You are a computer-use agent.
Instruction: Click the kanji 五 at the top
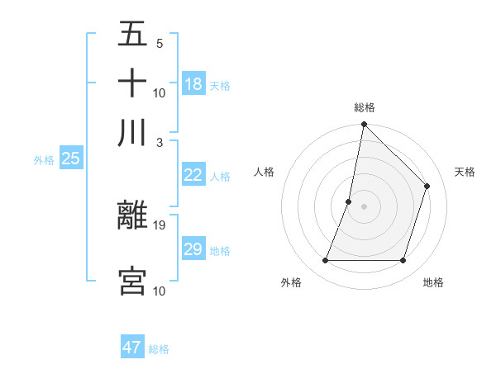132,35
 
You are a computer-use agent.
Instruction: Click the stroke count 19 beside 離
160,224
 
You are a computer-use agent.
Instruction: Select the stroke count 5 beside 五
159,43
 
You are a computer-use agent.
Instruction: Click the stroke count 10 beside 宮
160,290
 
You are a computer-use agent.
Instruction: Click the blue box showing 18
193,84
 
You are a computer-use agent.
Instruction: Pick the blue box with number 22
193,175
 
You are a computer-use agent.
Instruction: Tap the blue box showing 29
193,249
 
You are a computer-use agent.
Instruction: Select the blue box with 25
70,159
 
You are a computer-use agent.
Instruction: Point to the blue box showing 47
132,348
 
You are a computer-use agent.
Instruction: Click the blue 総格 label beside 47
159,349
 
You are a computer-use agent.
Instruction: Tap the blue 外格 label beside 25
43,160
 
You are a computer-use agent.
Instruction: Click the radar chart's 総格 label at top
364,107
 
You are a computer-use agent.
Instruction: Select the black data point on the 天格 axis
427,186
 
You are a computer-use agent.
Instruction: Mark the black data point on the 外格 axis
325,261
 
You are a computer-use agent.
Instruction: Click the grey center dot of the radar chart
364,206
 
